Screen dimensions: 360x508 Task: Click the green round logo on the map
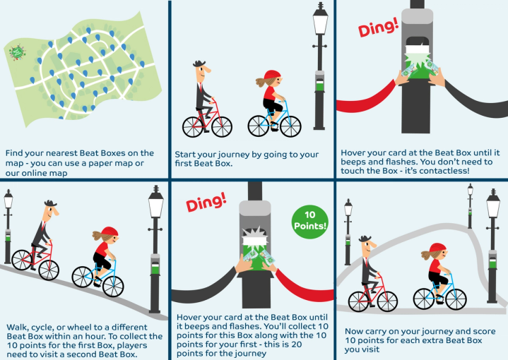[x=16, y=52]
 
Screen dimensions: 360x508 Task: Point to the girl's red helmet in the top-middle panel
[x=272, y=75]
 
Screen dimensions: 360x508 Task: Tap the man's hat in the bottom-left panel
[x=49, y=204]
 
